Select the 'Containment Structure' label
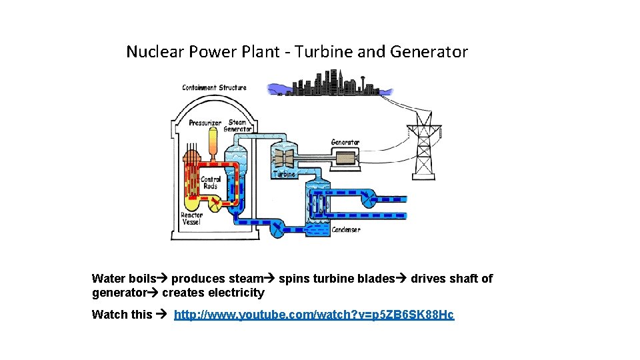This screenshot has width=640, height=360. click(214, 87)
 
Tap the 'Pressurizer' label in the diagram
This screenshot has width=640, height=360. click(205, 123)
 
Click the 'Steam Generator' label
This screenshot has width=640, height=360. click(237, 125)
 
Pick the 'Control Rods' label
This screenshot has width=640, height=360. click(210, 183)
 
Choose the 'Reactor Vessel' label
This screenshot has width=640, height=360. click(191, 219)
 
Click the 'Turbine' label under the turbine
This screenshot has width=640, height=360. click(284, 174)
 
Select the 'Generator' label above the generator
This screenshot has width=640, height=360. click(345, 142)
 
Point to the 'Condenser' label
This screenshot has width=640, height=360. click(346, 229)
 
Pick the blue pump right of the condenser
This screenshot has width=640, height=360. click(368, 198)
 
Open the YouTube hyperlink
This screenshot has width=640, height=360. click(314, 315)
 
